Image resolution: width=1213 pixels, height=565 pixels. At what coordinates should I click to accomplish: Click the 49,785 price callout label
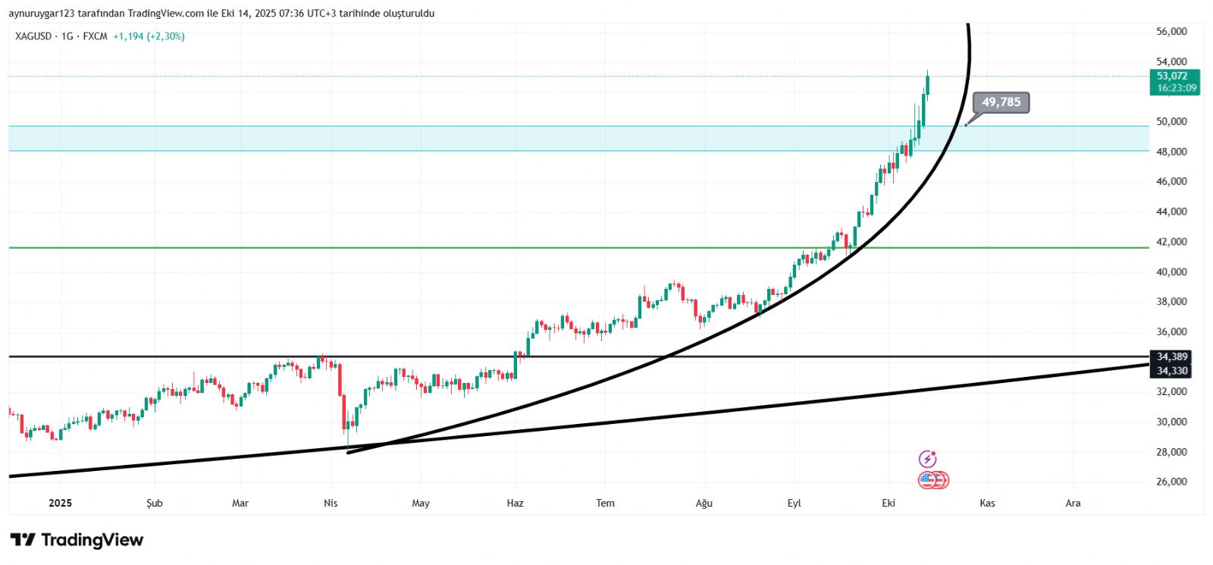pyautogui.click(x=1001, y=102)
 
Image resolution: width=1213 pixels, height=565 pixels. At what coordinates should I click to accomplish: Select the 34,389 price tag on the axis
pyautogui.click(x=1171, y=356)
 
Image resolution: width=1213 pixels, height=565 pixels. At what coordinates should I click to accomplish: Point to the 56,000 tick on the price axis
pyautogui.click(x=1171, y=32)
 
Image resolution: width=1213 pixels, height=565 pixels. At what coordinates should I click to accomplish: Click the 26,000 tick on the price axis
pyautogui.click(x=1171, y=482)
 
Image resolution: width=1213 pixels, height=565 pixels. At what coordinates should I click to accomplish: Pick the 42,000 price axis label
pyautogui.click(x=1171, y=242)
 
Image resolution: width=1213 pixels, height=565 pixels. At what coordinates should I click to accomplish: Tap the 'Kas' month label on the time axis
pyautogui.click(x=987, y=503)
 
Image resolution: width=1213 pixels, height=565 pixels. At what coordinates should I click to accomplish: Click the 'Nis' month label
pyautogui.click(x=331, y=503)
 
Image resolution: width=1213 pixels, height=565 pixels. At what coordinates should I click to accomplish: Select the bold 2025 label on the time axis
pyautogui.click(x=60, y=503)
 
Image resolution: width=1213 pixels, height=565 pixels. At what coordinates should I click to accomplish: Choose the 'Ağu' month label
pyautogui.click(x=704, y=503)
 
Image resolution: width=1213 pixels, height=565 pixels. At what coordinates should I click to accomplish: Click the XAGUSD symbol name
pyautogui.click(x=33, y=36)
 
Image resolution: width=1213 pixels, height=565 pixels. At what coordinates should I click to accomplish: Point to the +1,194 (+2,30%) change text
pyautogui.click(x=149, y=36)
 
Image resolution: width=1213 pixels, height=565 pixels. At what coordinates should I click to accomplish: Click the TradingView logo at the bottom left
pyautogui.click(x=77, y=540)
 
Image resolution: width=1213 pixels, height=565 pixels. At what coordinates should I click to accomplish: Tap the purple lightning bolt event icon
pyautogui.click(x=927, y=459)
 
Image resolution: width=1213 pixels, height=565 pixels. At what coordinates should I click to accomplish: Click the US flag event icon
pyautogui.click(x=927, y=479)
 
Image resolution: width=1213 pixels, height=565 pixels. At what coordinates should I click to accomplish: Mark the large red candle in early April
pyautogui.click(x=340, y=380)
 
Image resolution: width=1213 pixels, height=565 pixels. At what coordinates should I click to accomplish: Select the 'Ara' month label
pyautogui.click(x=1073, y=503)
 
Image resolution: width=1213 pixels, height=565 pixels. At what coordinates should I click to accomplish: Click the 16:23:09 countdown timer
pyautogui.click(x=1177, y=88)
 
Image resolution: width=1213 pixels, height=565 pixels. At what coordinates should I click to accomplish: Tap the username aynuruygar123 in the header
pyautogui.click(x=42, y=14)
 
